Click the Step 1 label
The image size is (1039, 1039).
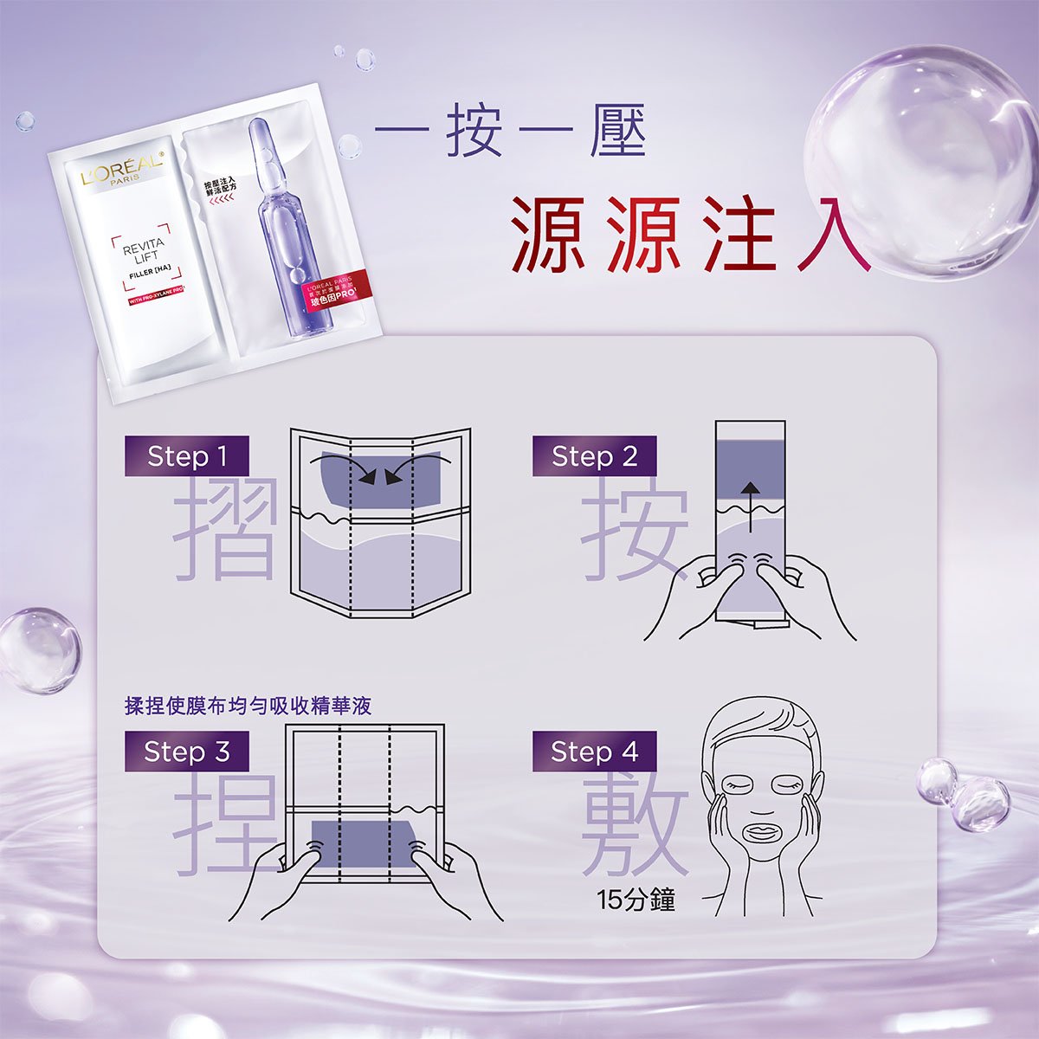pos(186,456)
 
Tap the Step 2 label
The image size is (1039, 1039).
pos(594,456)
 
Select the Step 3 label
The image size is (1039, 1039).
pos(186,752)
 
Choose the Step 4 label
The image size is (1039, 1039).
pos(594,752)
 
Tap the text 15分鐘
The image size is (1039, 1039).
pos(636,900)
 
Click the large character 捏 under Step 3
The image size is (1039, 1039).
pos(223,823)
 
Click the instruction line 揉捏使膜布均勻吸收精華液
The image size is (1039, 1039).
pos(248,706)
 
